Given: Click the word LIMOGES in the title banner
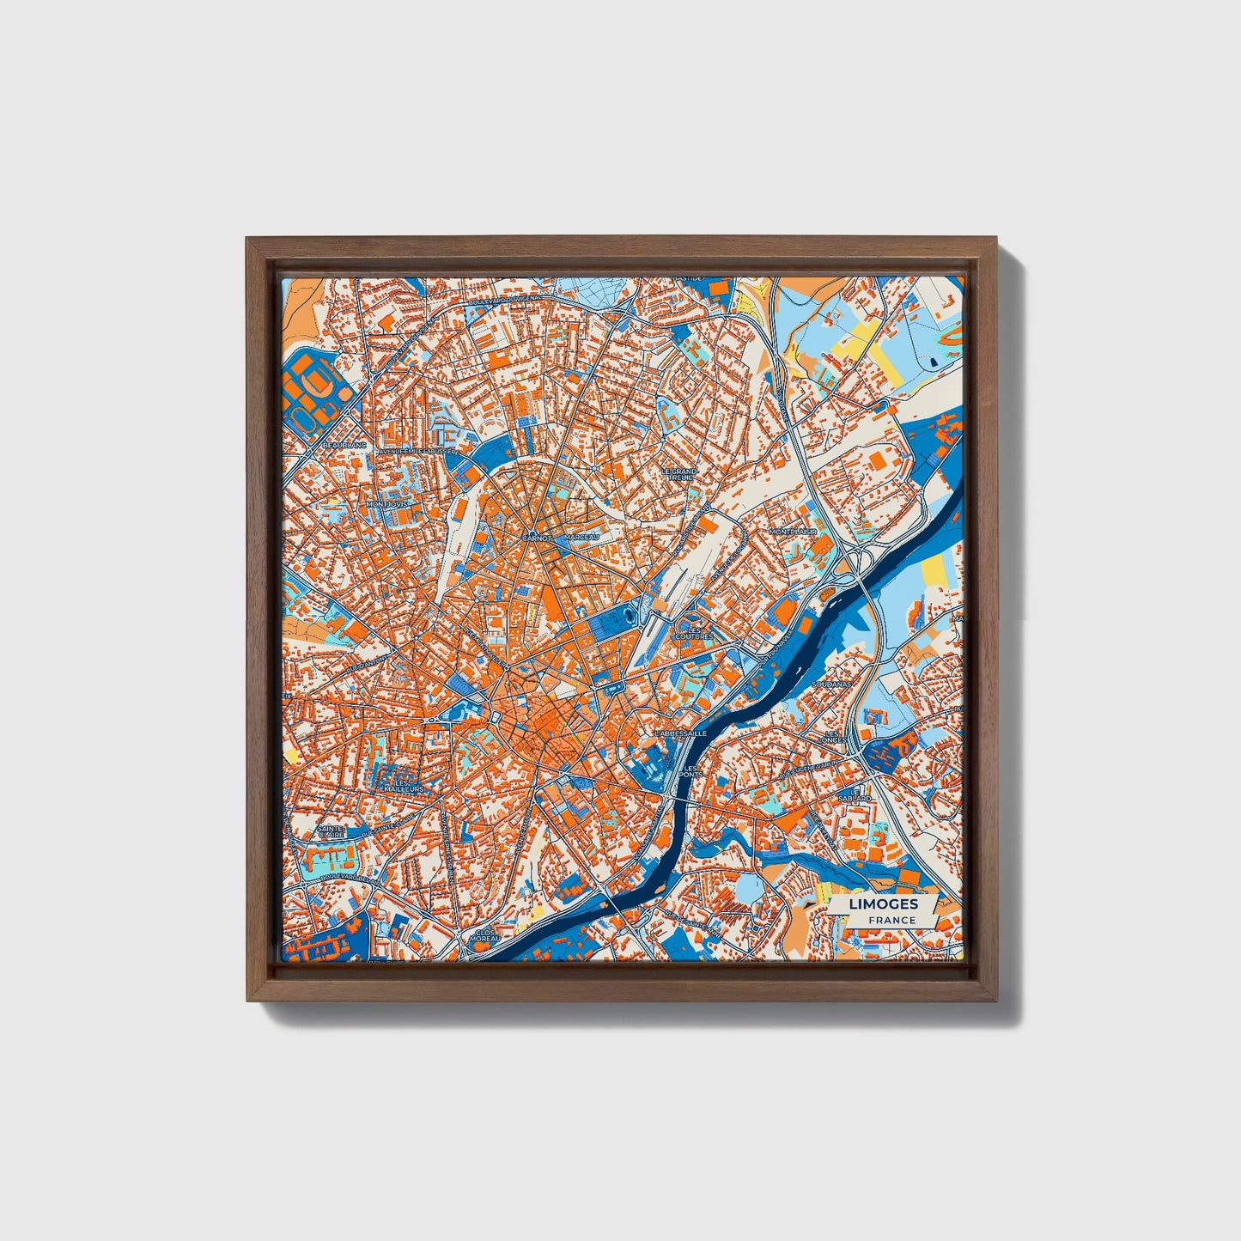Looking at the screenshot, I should coord(883,904).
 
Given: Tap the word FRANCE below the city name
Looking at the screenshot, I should coord(891,921).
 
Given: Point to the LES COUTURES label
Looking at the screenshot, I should coord(695,632).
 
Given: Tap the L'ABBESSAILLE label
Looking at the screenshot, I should coord(679,733).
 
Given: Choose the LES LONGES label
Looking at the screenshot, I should coord(832,736).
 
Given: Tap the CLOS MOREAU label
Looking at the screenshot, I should coord(484,935).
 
